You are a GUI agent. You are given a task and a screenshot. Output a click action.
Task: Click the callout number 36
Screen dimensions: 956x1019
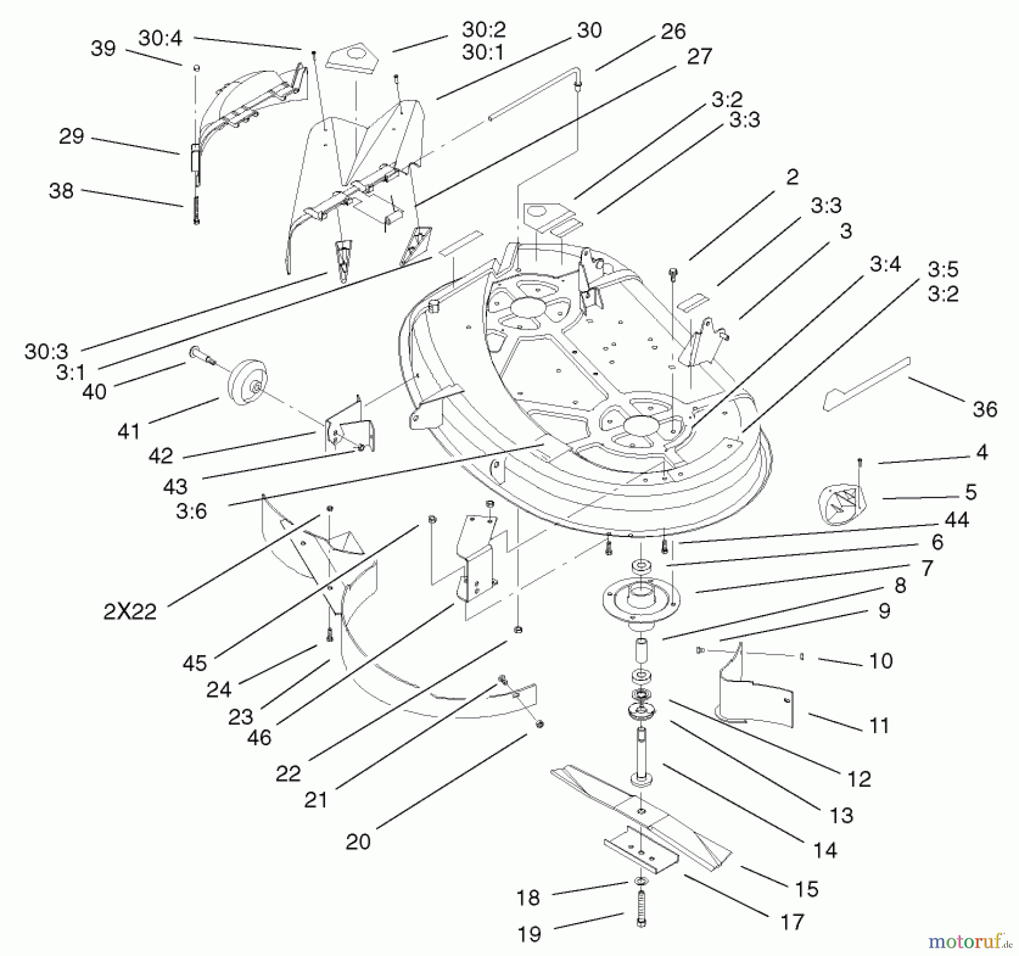[x=984, y=409]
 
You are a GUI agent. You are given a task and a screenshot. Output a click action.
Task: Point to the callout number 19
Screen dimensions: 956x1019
[x=529, y=934]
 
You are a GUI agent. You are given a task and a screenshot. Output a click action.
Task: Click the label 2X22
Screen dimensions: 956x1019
[x=130, y=612]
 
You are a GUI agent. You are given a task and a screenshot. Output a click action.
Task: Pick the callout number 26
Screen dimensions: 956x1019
[x=673, y=32]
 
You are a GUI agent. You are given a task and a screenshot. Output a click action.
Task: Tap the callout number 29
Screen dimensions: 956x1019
[x=71, y=136]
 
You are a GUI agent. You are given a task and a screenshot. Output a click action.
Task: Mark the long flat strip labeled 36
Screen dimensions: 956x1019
[x=866, y=384]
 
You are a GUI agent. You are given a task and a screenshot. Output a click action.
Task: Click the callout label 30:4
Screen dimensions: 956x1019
[x=160, y=38]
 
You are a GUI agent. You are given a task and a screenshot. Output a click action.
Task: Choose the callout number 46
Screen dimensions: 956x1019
[x=259, y=737]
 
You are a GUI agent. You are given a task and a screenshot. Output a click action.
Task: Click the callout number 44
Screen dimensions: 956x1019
[x=957, y=519]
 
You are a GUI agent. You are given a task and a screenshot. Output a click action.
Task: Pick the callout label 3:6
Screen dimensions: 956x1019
[x=191, y=511]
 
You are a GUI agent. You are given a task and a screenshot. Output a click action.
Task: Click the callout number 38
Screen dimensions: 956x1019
[x=61, y=191]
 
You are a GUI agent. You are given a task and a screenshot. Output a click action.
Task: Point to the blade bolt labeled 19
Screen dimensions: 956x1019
[x=641, y=909]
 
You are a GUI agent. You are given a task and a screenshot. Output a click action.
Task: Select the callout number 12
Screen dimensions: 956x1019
[x=859, y=779]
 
